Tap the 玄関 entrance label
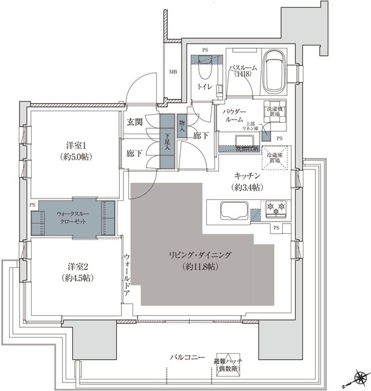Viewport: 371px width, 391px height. [134, 121]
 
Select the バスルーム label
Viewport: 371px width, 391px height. [246, 68]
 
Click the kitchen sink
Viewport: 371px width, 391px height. [232, 213]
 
